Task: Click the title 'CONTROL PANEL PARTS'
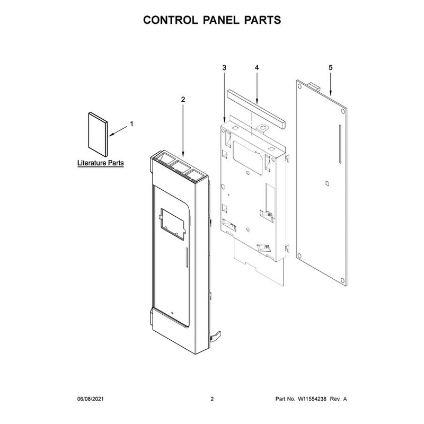pyautogui.click(x=212, y=21)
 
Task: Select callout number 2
pyautogui.click(x=183, y=99)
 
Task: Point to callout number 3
pyautogui.click(x=224, y=68)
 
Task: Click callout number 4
pyautogui.click(x=257, y=68)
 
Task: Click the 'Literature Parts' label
pyautogui.click(x=100, y=163)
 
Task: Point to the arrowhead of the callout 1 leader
pyautogui.click(x=110, y=135)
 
